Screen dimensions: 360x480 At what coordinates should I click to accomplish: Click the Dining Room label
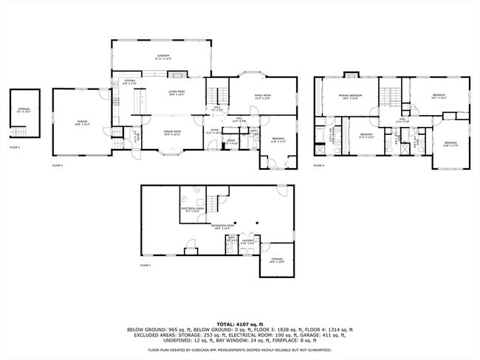coord(172,132)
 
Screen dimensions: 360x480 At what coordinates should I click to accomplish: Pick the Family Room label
coord(264,96)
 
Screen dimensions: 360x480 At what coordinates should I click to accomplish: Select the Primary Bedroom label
coord(348,97)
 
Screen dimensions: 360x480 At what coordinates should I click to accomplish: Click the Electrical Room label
coord(192,210)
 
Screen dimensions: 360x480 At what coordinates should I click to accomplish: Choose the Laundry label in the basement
coord(247,241)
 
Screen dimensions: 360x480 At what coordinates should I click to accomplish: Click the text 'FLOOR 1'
coord(145,265)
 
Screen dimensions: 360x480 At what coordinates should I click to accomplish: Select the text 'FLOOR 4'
coord(319,166)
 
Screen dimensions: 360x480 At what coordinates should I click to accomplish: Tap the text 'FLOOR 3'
coord(58,166)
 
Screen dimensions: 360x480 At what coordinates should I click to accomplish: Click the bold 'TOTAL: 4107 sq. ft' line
coord(240,323)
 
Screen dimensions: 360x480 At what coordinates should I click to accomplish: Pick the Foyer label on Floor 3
coord(214,131)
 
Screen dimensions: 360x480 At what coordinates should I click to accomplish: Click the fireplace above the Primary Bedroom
coord(351,75)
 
